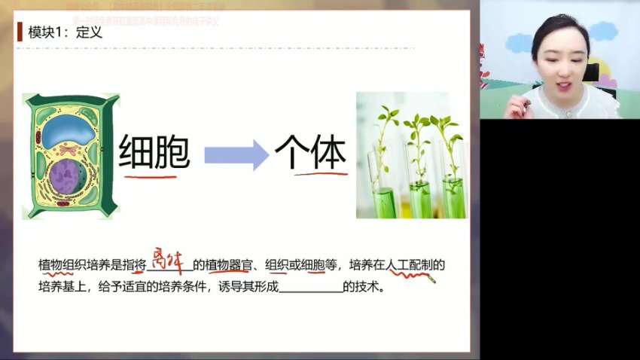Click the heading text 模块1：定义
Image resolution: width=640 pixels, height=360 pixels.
[x=66, y=32]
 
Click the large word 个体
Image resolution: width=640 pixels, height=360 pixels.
[x=310, y=153]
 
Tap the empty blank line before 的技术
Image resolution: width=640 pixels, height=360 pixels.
[x=310, y=288]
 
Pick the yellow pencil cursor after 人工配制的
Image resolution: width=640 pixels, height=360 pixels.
[x=431, y=279]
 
